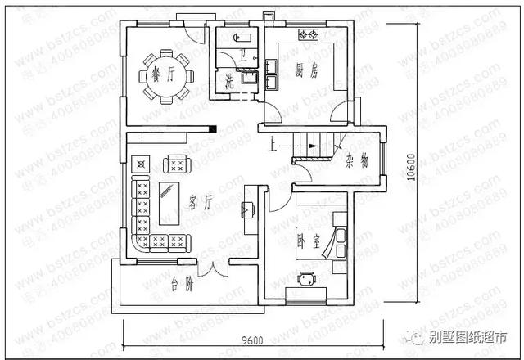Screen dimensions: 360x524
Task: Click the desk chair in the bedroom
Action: coord(306,278)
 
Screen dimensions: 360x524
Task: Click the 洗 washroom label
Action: coord(230,81)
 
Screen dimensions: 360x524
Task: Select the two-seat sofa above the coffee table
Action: coord(175,164)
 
